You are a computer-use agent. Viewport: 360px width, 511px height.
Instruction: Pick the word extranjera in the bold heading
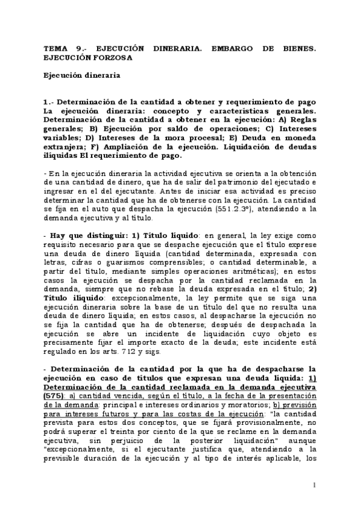click(64, 146)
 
